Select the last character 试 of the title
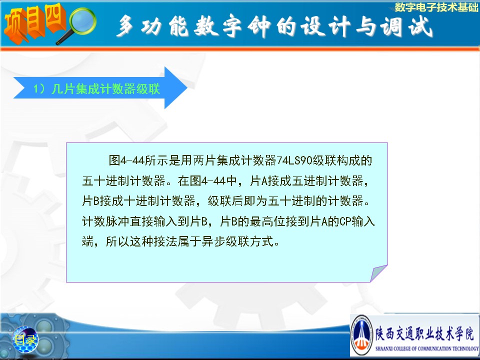(x=420, y=26)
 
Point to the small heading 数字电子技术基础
(x=436, y=7)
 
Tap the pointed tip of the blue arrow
(x=186, y=88)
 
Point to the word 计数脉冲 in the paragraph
(x=105, y=221)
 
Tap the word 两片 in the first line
(x=205, y=160)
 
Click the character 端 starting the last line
(x=87, y=241)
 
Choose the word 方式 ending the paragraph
(x=261, y=241)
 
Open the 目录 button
(x=25, y=340)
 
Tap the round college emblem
(x=362, y=335)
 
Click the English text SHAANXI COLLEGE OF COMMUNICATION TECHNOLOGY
(x=426, y=348)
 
